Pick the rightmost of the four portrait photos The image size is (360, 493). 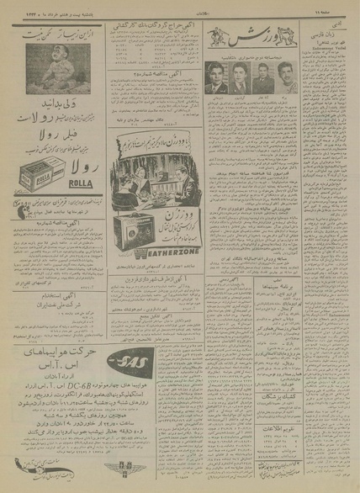pyautogui.click(x=289, y=77)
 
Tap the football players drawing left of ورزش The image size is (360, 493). pyautogui.click(x=221, y=39)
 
